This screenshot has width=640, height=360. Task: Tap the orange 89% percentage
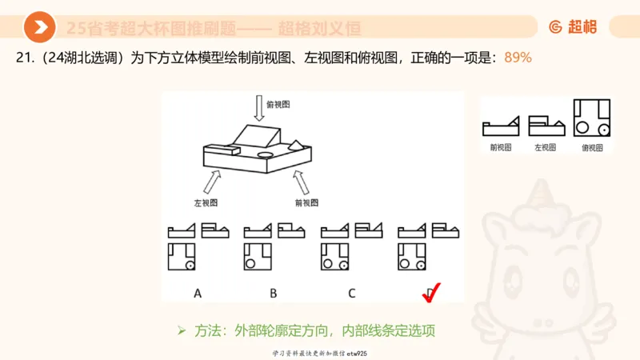[x=518, y=58]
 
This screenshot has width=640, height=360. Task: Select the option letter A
[x=198, y=293]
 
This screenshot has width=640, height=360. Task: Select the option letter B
[x=274, y=293]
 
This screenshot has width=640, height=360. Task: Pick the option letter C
[x=351, y=293]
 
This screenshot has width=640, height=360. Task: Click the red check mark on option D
[x=430, y=294]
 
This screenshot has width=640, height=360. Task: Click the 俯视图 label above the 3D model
[x=278, y=104]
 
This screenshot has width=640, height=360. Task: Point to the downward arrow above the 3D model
[x=258, y=107]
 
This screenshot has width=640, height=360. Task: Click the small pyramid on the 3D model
[x=295, y=144]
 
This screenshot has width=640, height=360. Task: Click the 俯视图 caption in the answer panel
[x=593, y=147]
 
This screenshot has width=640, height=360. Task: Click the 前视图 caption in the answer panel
[x=501, y=147]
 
